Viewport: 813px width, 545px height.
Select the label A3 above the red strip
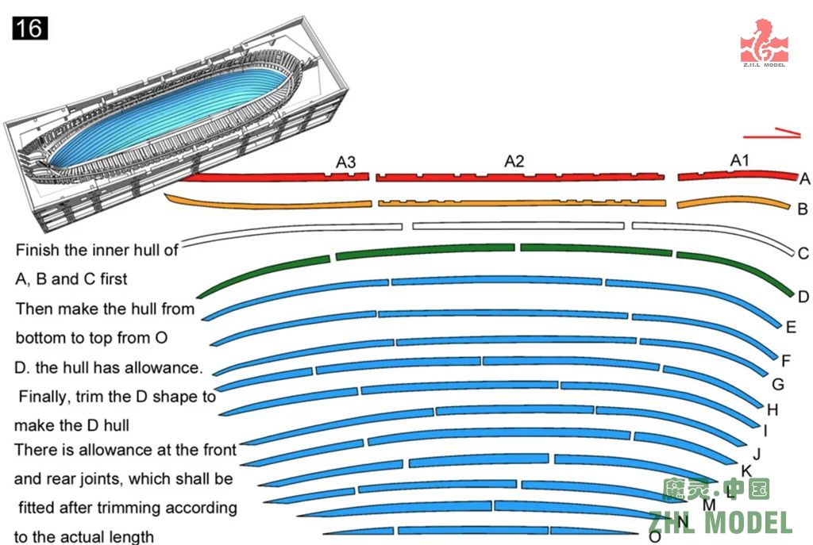(345, 163)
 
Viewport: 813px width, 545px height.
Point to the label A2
(514, 162)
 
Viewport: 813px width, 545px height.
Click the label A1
(740, 161)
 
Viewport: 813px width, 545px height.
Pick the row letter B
(803, 210)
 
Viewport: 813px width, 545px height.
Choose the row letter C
(803, 255)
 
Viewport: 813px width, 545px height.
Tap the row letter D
(803, 297)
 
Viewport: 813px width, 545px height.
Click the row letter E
(791, 327)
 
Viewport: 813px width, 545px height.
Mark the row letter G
(778, 385)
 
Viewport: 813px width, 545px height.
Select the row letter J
(757, 455)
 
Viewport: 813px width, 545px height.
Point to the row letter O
(654, 537)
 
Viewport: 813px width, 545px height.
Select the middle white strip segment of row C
(518, 226)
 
